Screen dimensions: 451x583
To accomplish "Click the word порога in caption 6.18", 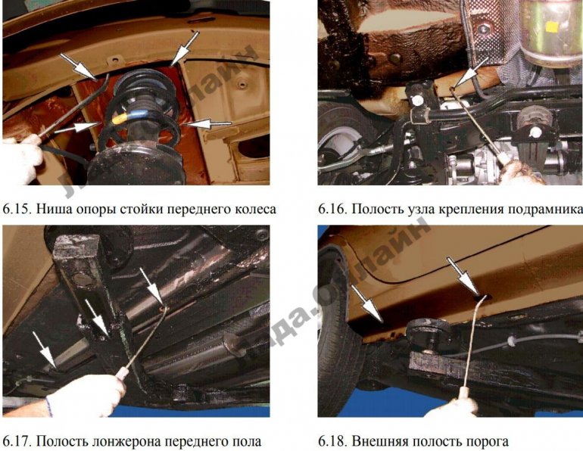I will [x=485, y=440].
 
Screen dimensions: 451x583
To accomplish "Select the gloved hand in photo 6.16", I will [x=522, y=173].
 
